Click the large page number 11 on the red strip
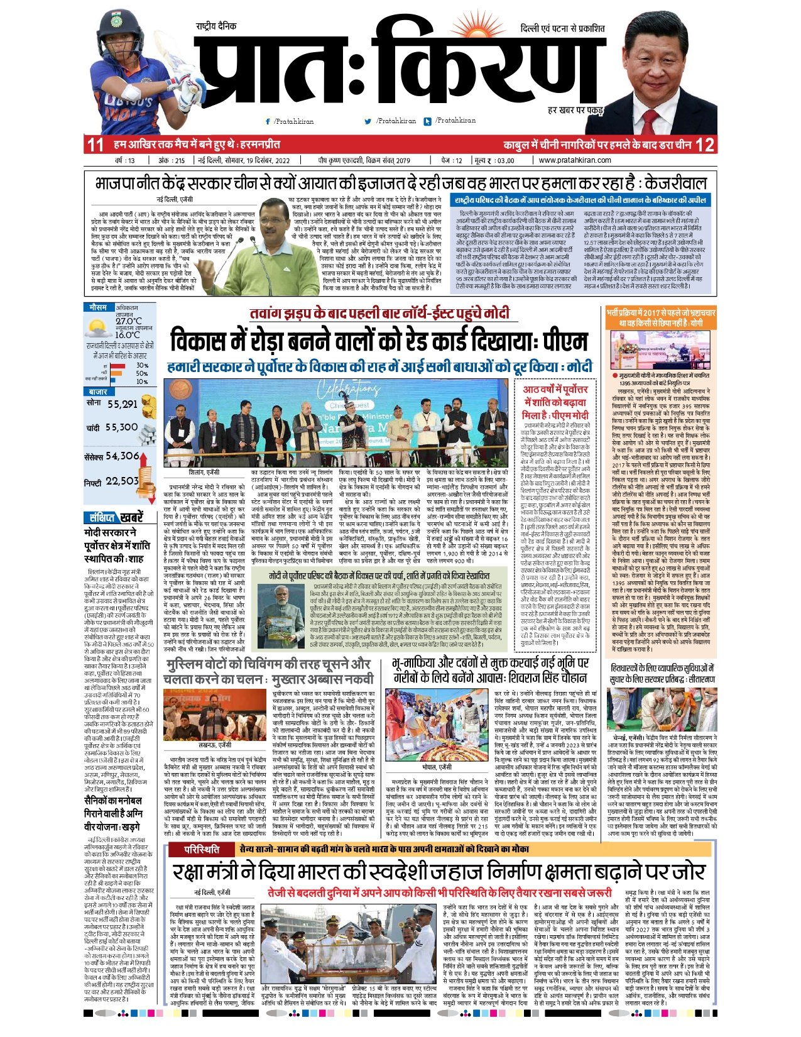95,145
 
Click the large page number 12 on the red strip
704,145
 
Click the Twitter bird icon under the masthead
368,121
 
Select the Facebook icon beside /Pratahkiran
268,121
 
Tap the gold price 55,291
122,404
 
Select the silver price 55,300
121,427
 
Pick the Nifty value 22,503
122,481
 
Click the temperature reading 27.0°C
129,321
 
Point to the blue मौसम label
98,308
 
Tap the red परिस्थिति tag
202,850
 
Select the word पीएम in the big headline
565,341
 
